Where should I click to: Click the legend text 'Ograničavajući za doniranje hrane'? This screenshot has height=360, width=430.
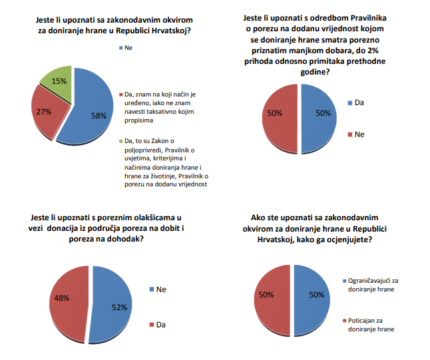pos(370,285)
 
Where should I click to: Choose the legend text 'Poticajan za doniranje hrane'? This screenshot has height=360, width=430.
pos(368,325)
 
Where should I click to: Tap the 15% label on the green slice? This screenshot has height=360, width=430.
pos(58,81)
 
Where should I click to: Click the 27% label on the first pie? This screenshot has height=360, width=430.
pos(45,111)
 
